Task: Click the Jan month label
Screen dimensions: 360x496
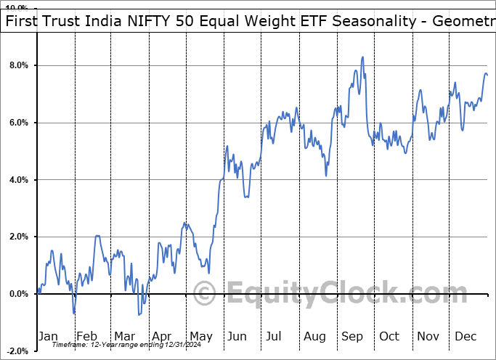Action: pos(48,337)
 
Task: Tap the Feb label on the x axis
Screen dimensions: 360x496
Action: pos(86,337)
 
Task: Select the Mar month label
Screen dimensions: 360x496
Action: pos(124,337)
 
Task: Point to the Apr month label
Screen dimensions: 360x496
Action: pos(162,337)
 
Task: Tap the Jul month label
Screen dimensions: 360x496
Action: pos(274,337)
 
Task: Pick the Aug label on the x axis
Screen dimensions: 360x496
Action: pos(315,337)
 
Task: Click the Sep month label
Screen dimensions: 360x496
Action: pos(352,337)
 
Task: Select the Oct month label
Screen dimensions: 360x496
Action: pos(389,337)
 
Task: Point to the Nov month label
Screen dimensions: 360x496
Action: pos(428,337)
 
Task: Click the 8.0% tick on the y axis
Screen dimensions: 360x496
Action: pos(18,66)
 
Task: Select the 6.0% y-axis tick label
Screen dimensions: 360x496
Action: pos(18,123)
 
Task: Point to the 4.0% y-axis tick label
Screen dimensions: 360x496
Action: pos(18,180)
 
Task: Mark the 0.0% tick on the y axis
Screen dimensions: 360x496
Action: pos(18,294)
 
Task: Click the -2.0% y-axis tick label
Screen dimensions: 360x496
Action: pos(17,351)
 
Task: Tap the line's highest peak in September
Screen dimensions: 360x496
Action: pos(362,57)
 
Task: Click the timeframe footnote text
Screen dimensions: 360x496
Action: pos(121,345)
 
